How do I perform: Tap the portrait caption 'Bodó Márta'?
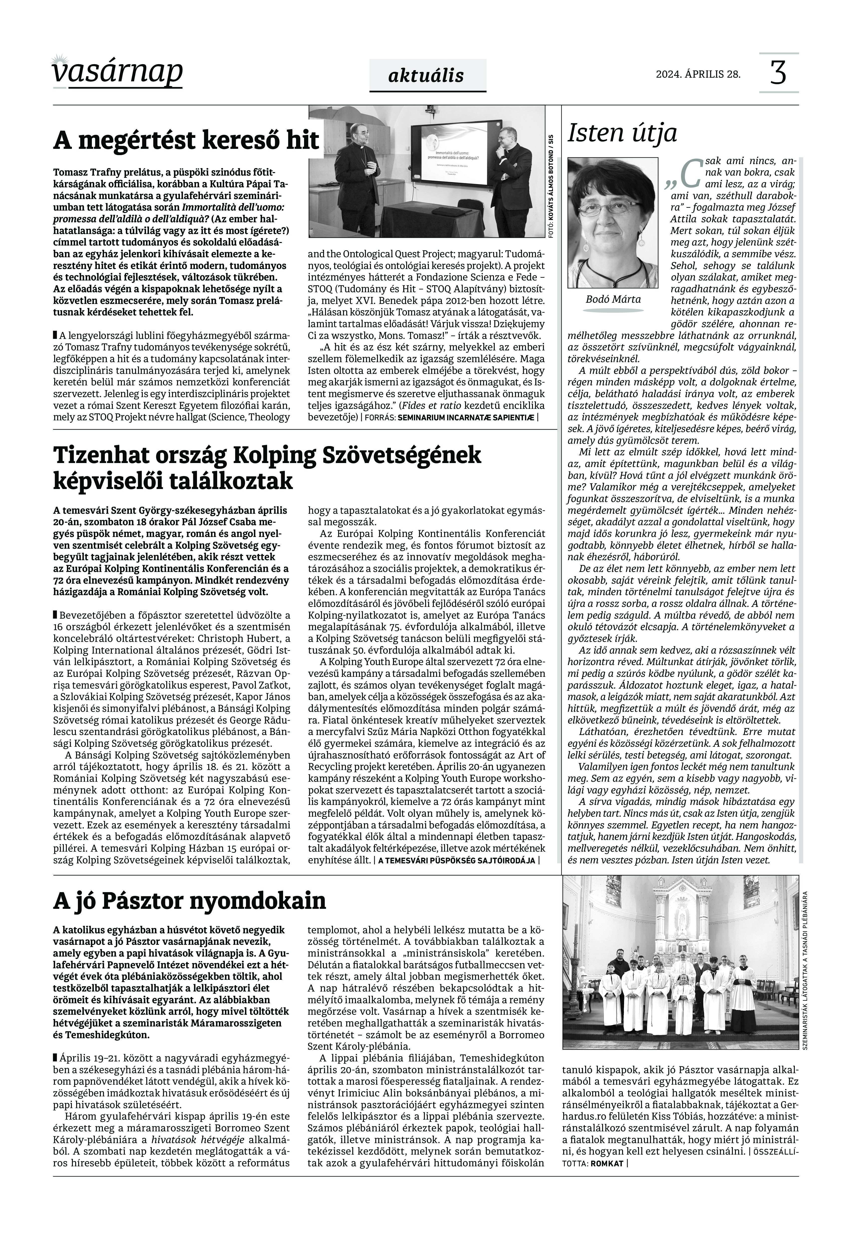(613, 299)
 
